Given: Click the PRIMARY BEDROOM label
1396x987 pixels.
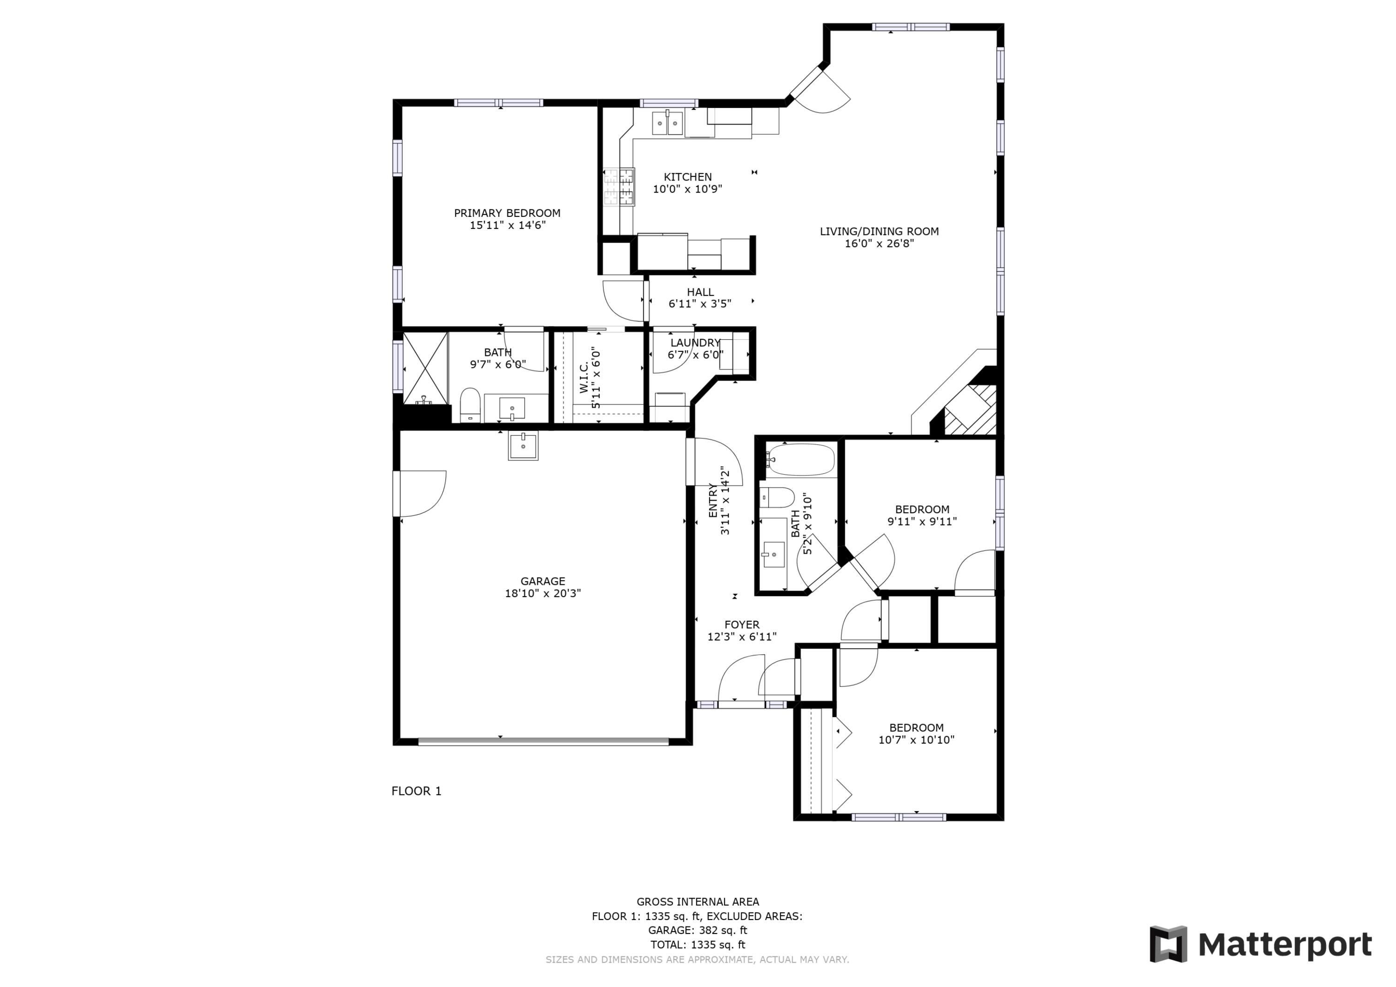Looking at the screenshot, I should coord(507,213).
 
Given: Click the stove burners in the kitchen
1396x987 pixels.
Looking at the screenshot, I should coord(619,187).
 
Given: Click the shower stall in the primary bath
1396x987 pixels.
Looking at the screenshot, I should coord(425,368).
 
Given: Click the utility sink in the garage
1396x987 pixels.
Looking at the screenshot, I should coord(523,446).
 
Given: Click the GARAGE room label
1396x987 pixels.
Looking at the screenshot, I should coord(543,581).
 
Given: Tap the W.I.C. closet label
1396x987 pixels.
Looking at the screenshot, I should coord(584,377).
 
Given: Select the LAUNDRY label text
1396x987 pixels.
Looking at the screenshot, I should coord(695,343).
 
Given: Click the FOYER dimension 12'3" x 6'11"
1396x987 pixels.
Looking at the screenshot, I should coord(742,637).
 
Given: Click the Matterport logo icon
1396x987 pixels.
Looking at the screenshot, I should coord(1168,944).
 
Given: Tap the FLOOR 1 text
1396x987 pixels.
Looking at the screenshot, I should coord(416,791).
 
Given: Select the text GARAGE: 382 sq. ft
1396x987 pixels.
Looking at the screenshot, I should coord(698,930).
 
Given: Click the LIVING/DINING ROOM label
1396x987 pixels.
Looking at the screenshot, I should coord(879,231).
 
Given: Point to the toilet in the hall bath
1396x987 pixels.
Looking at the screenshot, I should coord(778,497).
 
